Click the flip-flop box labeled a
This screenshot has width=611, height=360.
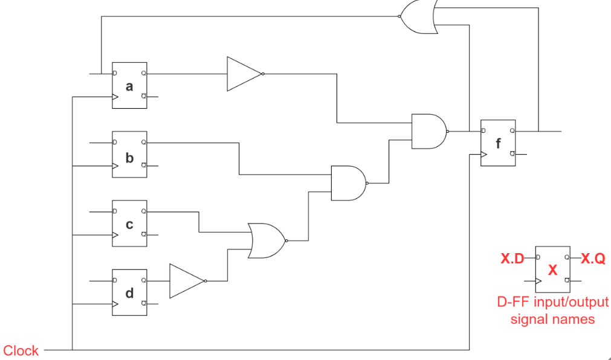coord(129,85)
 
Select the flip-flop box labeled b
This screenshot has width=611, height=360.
coord(129,154)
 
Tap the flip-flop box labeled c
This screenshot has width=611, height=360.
coord(129,223)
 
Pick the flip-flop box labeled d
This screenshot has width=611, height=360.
coord(129,292)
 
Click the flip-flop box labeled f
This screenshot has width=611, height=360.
coord(498,143)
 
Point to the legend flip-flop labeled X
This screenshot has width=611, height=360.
coord(552,269)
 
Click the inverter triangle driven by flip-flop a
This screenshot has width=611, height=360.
coord(244,74)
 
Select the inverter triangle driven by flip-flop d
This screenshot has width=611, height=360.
coord(186,281)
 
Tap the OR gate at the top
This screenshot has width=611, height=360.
coord(418,16)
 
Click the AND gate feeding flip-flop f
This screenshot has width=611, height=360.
coord(428,131)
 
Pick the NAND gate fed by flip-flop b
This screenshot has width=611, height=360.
coord(348,183)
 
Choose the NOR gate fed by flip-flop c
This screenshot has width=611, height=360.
coord(265,240)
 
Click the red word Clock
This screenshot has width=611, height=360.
coord(21,350)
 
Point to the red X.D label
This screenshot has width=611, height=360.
coord(512,259)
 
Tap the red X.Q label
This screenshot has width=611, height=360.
coord(593,259)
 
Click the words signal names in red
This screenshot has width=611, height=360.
coord(552,319)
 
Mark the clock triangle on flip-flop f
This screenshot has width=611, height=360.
coord(483,155)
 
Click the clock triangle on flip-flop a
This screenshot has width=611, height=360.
coord(115,97)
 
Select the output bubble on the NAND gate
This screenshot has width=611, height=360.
coord(368,183)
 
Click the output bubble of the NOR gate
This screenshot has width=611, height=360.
coord(286,240)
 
